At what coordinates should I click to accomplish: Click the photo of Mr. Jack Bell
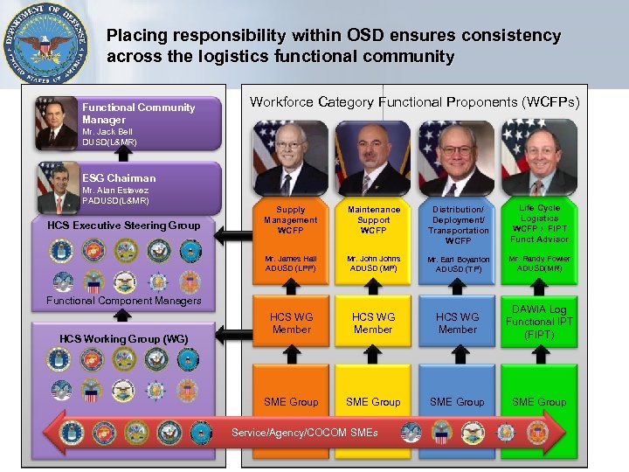tap(57, 122)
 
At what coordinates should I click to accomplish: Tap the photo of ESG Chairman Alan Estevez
tap(58, 188)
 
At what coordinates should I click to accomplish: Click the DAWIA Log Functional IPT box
tap(539, 322)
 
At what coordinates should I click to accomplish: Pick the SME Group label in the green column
tap(539, 402)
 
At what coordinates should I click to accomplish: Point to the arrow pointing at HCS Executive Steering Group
tap(232, 233)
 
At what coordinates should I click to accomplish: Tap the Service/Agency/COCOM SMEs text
tap(304, 433)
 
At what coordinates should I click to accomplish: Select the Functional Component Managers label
tap(124, 301)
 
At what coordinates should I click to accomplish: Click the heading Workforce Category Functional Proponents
tap(414, 102)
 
